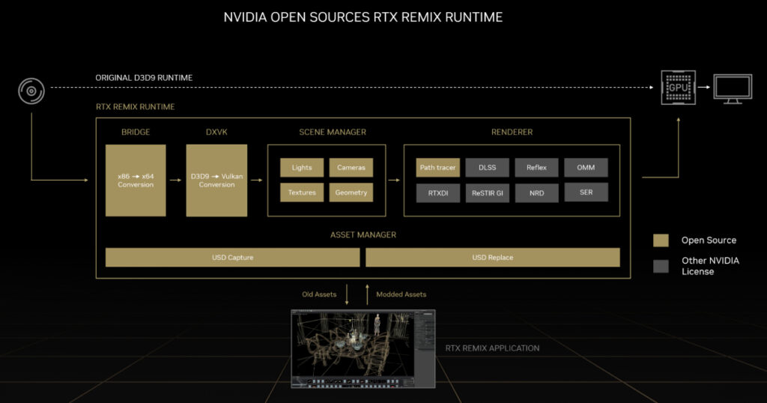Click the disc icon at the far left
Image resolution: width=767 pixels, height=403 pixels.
click(31, 92)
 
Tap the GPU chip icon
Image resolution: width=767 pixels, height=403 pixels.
click(676, 88)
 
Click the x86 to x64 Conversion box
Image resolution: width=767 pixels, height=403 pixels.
click(136, 181)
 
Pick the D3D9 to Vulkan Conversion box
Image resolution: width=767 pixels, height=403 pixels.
click(216, 181)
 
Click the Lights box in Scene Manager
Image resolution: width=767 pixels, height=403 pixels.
click(302, 168)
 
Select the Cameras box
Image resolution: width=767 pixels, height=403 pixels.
click(351, 168)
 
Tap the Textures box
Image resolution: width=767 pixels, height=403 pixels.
click(302, 193)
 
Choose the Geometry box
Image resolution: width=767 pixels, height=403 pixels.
click(351, 193)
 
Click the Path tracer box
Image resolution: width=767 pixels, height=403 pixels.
click(437, 168)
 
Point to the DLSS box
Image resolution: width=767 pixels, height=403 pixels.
click(487, 168)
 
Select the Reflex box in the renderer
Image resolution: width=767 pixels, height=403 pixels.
click(536, 168)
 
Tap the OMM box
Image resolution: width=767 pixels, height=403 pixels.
click(586, 168)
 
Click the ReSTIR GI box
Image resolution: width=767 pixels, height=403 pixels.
click(487, 193)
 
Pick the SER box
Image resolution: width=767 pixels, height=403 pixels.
click(586, 193)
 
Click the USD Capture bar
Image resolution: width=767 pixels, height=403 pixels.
click(232, 258)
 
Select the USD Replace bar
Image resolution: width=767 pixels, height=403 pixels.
click(492, 258)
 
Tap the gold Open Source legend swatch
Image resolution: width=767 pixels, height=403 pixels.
click(661, 240)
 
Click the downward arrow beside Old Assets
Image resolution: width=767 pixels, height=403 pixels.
click(347, 294)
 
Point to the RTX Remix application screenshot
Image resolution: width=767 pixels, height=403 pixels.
click(363, 348)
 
